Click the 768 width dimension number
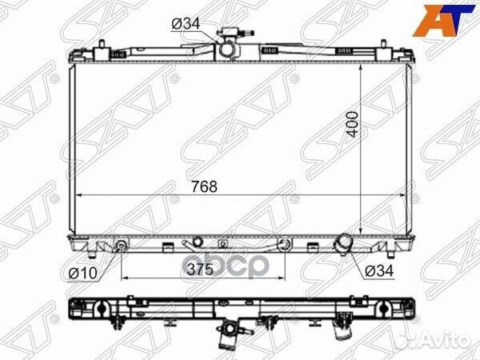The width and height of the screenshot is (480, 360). point(205,186)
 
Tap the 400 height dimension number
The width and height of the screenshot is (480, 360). point(353,124)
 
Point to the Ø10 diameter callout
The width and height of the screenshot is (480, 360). point(82,273)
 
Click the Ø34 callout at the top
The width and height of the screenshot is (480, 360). point(186,23)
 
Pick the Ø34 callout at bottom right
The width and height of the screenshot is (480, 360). point(379,270)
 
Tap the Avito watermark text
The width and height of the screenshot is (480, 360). point(450,342)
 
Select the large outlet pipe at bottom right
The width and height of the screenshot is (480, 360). point(343,242)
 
